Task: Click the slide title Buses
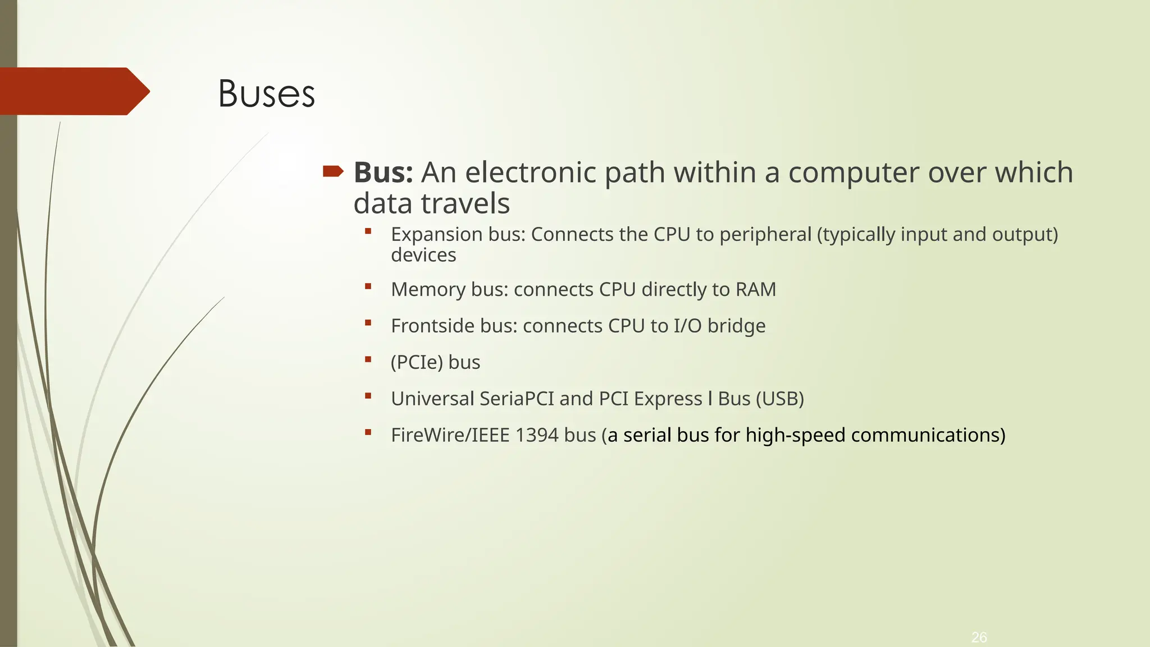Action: click(x=266, y=93)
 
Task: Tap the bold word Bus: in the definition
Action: click(x=384, y=172)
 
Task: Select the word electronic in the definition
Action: click(x=530, y=172)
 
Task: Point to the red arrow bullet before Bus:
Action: click(x=333, y=171)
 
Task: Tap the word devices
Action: click(x=423, y=255)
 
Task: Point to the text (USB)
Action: click(x=780, y=399)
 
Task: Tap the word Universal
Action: click(x=432, y=399)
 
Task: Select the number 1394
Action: click(x=536, y=435)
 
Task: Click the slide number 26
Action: click(x=979, y=637)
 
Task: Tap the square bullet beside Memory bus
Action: click(x=368, y=286)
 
